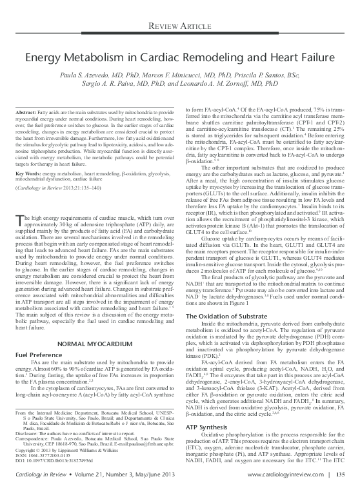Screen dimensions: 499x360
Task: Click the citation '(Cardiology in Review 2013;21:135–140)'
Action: tap(66, 169)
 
